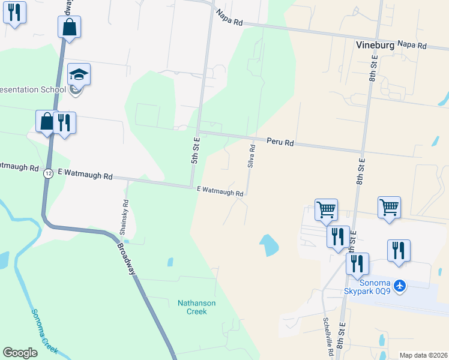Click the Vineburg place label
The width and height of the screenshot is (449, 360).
point(375,45)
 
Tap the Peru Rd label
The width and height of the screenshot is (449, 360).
point(280,143)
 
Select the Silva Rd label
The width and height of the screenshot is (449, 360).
point(252,155)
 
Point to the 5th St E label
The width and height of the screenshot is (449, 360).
point(195,150)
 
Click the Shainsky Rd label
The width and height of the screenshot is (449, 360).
point(122,217)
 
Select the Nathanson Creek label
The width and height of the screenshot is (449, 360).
point(196,307)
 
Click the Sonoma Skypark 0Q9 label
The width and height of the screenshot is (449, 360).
point(367,287)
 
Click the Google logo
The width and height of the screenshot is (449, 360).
point(20,353)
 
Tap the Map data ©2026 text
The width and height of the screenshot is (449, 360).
point(423,355)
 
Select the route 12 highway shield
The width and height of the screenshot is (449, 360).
point(47,173)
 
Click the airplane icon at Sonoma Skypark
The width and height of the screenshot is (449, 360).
point(400,286)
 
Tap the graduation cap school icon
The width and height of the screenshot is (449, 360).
point(79,75)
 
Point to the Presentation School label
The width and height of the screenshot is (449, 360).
point(33,90)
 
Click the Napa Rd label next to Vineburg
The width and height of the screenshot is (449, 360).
point(411,45)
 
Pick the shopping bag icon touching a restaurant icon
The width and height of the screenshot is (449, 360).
point(47,121)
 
